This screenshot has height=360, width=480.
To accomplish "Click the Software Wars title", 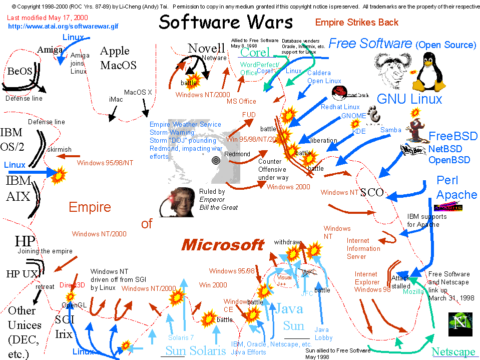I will point(226,22).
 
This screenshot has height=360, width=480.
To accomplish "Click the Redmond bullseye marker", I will point(216,160).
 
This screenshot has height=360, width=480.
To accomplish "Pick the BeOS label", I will point(20,72).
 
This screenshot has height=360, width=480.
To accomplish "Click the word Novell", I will point(206,49).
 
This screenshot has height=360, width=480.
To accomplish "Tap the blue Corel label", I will point(255,52).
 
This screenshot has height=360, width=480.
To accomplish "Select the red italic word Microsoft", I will point(222,245).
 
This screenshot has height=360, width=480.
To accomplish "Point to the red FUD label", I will point(249,115).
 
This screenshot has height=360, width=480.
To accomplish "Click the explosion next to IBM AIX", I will point(60,175).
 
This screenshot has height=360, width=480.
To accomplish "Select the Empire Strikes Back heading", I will point(357,22).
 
